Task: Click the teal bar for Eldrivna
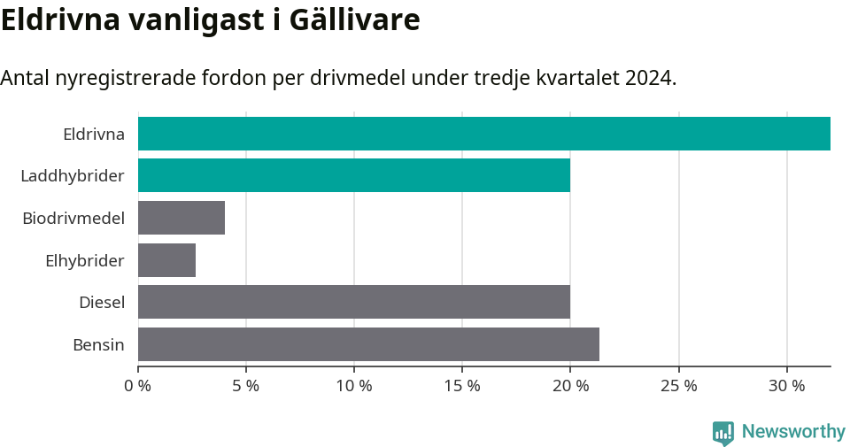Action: click(483, 134)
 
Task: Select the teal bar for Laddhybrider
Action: click(354, 175)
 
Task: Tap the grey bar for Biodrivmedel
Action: click(182, 218)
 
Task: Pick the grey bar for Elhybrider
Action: click(166, 260)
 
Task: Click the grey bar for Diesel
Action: click(354, 302)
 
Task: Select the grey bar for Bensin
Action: click(368, 344)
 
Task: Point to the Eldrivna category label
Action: click(94, 135)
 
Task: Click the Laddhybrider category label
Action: click(73, 176)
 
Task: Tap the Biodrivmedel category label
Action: click(73, 218)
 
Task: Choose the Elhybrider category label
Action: click(85, 260)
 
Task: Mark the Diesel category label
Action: click(102, 303)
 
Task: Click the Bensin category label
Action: click(98, 344)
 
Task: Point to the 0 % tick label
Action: click(138, 386)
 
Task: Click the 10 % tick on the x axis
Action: click(354, 386)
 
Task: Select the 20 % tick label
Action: click(570, 386)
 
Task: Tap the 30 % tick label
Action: click(786, 386)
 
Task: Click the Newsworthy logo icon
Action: click(723, 432)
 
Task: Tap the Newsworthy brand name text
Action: click(793, 432)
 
